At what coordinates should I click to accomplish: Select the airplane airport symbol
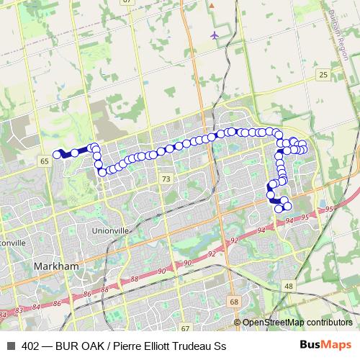point(215,35)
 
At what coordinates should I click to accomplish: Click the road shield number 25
point(323,75)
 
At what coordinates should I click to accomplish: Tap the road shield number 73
point(166,179)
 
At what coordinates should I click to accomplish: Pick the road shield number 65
point(45,161)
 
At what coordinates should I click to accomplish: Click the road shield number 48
point(289,286)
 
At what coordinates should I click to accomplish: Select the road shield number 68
point(235,301)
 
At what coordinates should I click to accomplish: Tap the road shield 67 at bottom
point(186,328)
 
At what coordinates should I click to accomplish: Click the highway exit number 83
point(19,309)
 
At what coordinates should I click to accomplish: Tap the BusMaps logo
point(325,346)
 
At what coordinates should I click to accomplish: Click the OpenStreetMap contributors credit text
point(297,323)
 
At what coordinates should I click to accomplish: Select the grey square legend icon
point(11,346)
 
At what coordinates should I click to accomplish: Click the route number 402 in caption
point(32,346)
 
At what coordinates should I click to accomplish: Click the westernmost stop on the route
point(57,154)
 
